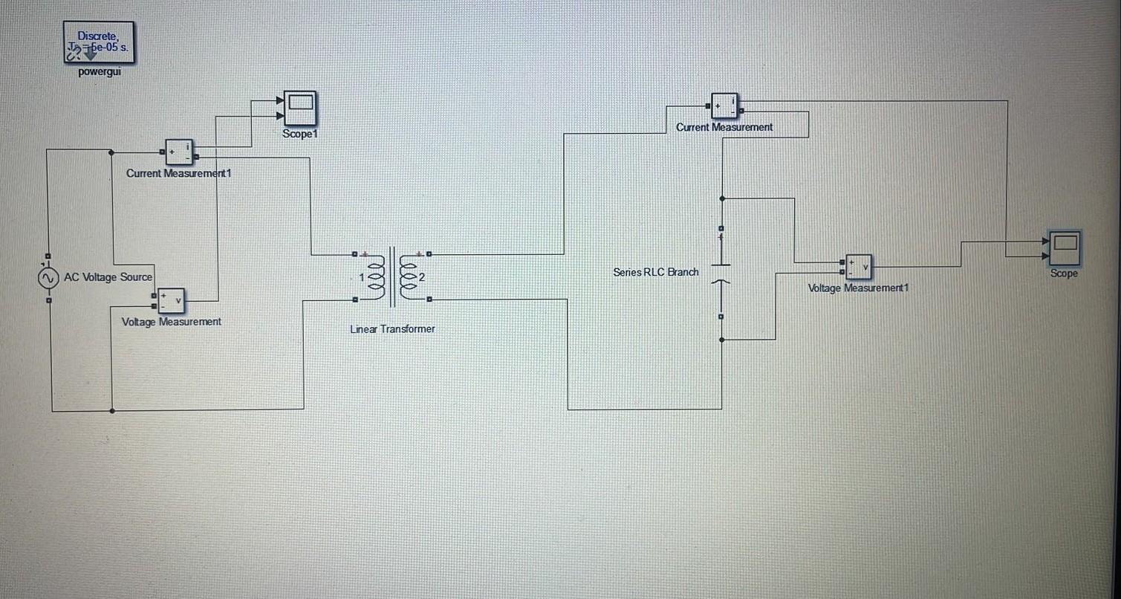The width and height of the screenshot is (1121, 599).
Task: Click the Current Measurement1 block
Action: pos(178,152)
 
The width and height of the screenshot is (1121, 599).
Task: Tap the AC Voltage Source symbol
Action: pos(48,278)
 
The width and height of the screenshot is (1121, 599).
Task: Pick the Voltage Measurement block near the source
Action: pos(170,300)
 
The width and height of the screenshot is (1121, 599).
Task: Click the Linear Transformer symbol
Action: pos(391,278)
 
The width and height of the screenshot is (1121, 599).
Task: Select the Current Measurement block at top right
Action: pos(725,106)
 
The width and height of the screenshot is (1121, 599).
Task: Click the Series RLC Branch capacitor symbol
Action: pos(721,273)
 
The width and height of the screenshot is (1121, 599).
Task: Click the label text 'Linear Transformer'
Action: pos(392,328)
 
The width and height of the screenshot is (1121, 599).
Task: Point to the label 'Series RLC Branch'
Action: pos(656,272)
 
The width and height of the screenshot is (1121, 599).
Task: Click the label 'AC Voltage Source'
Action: pos(108,277)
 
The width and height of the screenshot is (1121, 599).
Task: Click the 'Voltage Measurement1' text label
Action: pos(858,288)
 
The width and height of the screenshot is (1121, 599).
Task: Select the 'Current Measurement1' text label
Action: pos(179,173)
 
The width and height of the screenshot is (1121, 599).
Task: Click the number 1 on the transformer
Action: pos(362,278)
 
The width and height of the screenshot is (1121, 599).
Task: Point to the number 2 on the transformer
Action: pos(422,278)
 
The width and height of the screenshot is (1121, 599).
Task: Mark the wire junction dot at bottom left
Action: pos(112,410)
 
